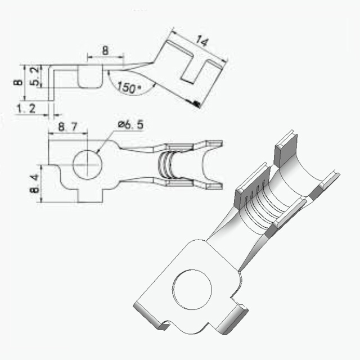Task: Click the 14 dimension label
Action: click(202, 41)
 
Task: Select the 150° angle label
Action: click(128, 88)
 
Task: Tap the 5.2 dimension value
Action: click(35, 76)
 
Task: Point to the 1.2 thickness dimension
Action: click(26, 108)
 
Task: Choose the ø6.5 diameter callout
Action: click(130, 125)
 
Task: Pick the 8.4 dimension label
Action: click(34, 183)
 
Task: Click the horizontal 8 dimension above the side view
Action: click(105, 50)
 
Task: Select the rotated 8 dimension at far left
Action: click(18, 82)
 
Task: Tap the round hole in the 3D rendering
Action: click(192, 289)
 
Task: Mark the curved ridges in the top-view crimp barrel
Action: click(165, 164)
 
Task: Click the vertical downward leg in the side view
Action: click(51, 83)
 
